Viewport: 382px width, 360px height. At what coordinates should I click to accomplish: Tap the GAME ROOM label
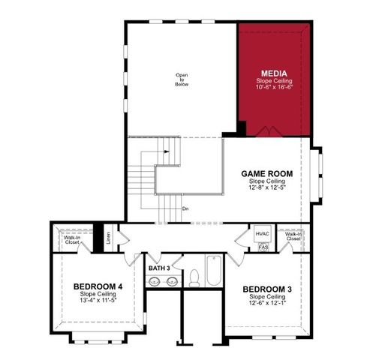click(x=266, y=173)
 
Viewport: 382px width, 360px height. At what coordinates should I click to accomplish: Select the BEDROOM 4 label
click(x=98, y=286)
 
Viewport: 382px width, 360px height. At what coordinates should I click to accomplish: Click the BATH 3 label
click(x=159, y=267)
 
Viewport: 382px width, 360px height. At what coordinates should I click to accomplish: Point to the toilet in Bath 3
click(x=193, y=278)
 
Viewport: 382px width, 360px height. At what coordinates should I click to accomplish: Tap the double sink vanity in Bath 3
click(x=164, y=282)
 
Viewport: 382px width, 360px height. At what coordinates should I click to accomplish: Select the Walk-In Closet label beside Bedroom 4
click(x=72, y=240)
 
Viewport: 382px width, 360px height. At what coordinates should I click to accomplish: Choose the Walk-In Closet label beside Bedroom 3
click(x=293, y=236)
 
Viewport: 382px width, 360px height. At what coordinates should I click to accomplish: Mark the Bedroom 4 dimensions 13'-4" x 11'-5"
click(x=98, y=301)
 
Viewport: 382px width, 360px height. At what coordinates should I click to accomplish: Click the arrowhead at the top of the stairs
click(x=167, y=148)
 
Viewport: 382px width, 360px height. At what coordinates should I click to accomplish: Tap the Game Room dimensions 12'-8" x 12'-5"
click(x=266, y=188)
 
